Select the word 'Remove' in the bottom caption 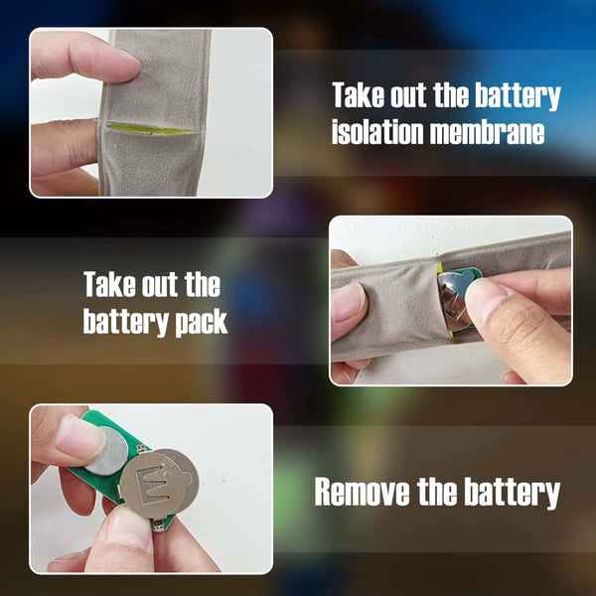tap(362, 492)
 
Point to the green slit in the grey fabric tap(150, 129)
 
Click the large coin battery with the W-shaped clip tap(160, 484)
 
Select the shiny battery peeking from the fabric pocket tap(452, 300)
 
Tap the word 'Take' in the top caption tap(358, 94)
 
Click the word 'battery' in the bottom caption tap(512, 493)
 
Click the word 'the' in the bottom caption tap(436, 492)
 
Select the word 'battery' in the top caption tap(518, 95)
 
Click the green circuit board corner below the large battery tap(163, 522)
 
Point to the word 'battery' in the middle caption tap(125, 323)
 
